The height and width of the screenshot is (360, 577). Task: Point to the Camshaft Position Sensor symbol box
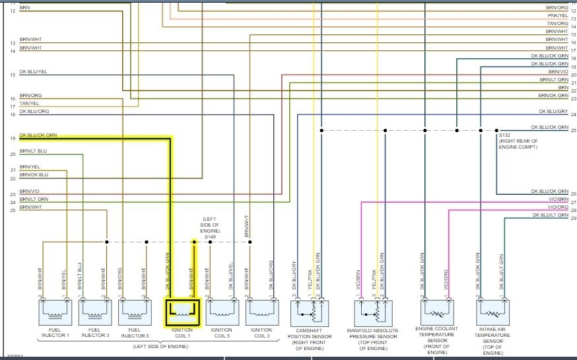click(x=308, y=310)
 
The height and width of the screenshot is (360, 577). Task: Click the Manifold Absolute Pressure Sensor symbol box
click(x=376, y=310)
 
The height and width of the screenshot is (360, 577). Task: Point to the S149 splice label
click(x=210, y=236)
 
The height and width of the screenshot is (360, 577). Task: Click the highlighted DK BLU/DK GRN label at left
click(x=38, y=135)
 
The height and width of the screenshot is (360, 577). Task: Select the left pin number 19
click(x=13, y=138)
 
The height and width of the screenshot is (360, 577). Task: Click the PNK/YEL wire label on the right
click(x=558, y=16)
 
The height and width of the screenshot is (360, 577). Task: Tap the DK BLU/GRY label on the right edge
click(x=553, y=111)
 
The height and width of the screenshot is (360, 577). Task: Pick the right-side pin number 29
click(x=573, y=218)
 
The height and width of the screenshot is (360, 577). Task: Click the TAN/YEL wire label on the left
click(x=30, y=103)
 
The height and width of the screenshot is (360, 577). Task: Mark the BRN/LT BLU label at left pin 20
click(x=33, y=151)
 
